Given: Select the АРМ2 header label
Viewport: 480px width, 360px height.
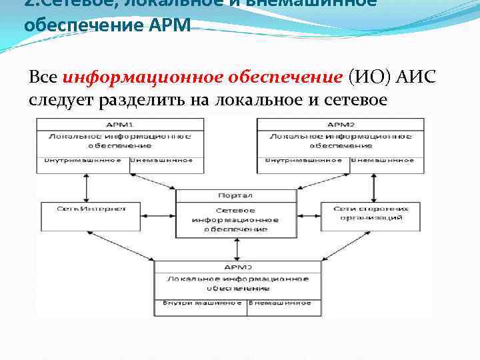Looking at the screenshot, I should click(x=340, y=125).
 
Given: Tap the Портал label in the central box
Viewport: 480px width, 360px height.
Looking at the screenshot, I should click(x=235, y=196).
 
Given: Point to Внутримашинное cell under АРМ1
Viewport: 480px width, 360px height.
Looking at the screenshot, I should click(x=83, y=160).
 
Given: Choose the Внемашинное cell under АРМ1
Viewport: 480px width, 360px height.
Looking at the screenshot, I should click(x=161, y=160).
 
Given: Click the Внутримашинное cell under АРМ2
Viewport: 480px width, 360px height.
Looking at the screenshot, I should click(x=304, y=160).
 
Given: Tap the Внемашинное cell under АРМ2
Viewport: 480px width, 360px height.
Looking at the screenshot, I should click(x=383, y=160).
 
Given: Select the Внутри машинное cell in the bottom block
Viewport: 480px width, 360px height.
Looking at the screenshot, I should click(x=202, y=303).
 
